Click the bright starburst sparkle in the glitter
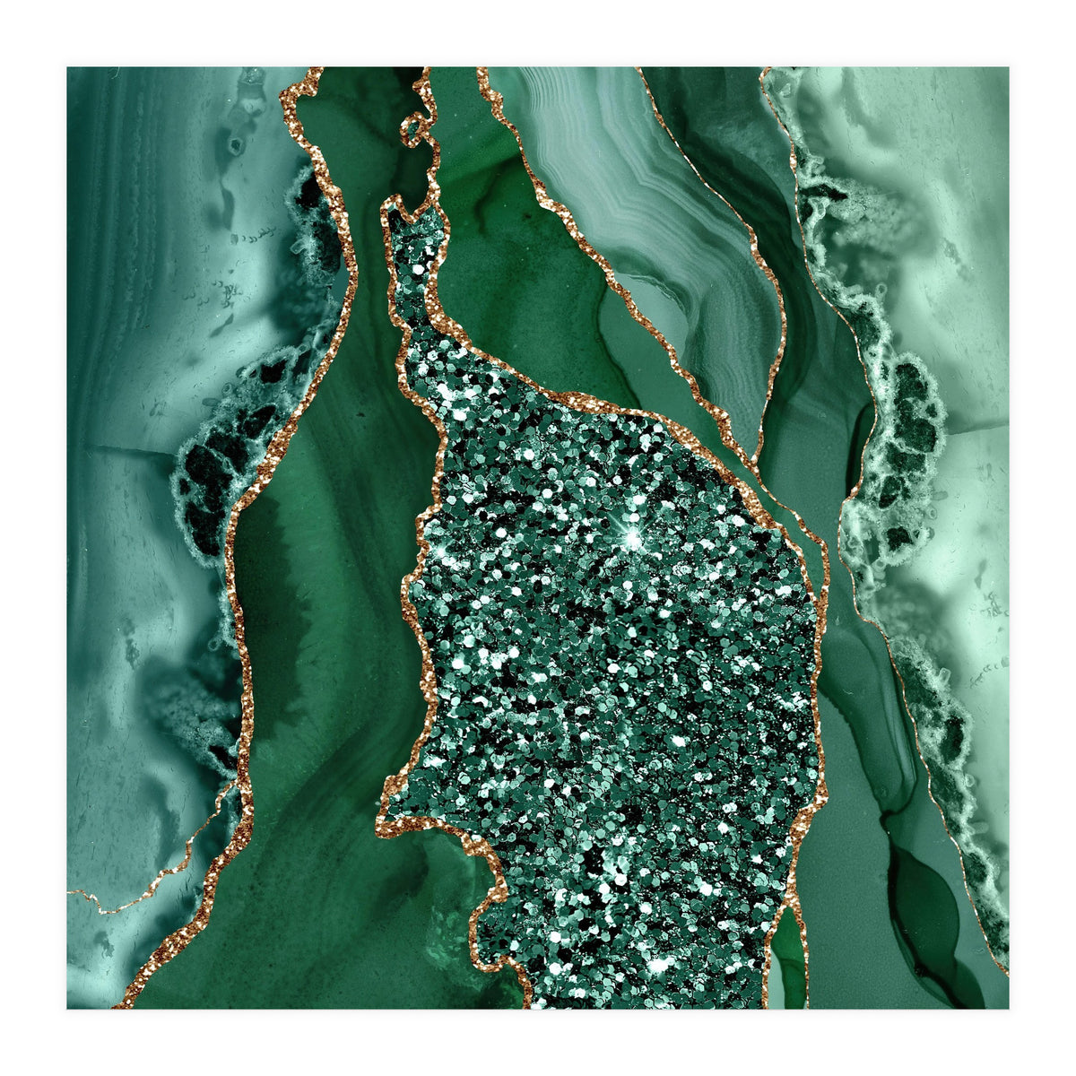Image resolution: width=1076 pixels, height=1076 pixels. [x=634, y=537]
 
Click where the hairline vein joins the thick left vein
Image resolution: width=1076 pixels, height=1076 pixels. [x=235, y=789]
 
